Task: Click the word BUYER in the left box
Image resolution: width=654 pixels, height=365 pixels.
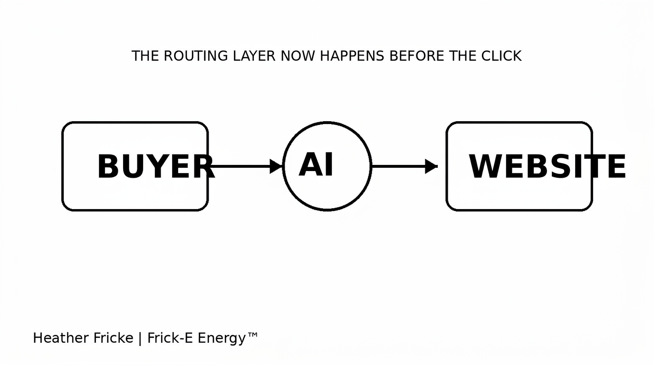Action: pyautogui.click(x=156, y=166)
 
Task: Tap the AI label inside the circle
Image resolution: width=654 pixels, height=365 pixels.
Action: pyautogui.click(x=316, y=164)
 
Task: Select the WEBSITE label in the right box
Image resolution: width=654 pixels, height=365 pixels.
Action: pyautogui.click(x=547, y=166)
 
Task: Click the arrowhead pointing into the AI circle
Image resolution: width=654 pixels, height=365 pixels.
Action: pyautogui.click(x=276, y=166)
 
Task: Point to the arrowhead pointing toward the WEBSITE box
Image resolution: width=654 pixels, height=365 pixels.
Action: pyautogui.click(x=431, y=166)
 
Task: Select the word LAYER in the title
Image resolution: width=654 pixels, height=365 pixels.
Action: pyautogui.click(x=254, y=56)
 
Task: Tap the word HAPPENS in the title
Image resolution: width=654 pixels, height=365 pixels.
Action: pyautogui.click(x=352, y=56)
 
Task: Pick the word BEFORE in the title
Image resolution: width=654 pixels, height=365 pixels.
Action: pyautogui.click(x=417, y=56)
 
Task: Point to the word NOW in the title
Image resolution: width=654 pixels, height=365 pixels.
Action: pyautogui.click(x=298, y=56)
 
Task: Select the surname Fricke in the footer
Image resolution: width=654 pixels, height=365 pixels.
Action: pyautogui.click(x=113, y=338)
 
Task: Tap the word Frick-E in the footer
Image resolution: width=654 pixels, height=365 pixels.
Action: pyautogui.click(x=170, y=338)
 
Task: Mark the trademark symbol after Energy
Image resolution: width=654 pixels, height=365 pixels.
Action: pyautogui.click(x=252, y=335)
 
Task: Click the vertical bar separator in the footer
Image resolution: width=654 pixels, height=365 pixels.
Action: pyautogui.click(x=140, y=339)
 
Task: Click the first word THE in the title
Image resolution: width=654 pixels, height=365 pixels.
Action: pyautogui.click(x=145, y=56)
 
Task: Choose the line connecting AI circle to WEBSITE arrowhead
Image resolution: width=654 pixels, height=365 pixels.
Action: pyautogui.click(x=398, y=166)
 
